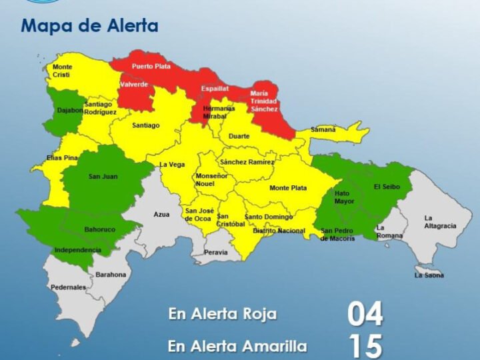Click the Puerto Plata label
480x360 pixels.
151,67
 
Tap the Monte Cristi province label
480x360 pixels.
62,71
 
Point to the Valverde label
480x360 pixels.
134,85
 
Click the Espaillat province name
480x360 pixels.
215,88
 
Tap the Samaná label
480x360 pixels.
323,129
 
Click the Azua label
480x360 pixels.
161,215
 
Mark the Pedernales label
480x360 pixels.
68,287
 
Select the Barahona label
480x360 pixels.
111,274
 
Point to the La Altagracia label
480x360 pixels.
440,222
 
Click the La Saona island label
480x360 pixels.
429,275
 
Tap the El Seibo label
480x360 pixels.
387,187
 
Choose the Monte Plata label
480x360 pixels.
288,188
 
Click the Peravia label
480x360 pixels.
215,252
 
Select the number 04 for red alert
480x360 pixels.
365,313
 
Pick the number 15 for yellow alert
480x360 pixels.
365,346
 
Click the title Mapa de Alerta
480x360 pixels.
89,27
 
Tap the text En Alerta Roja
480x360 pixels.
222,314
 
